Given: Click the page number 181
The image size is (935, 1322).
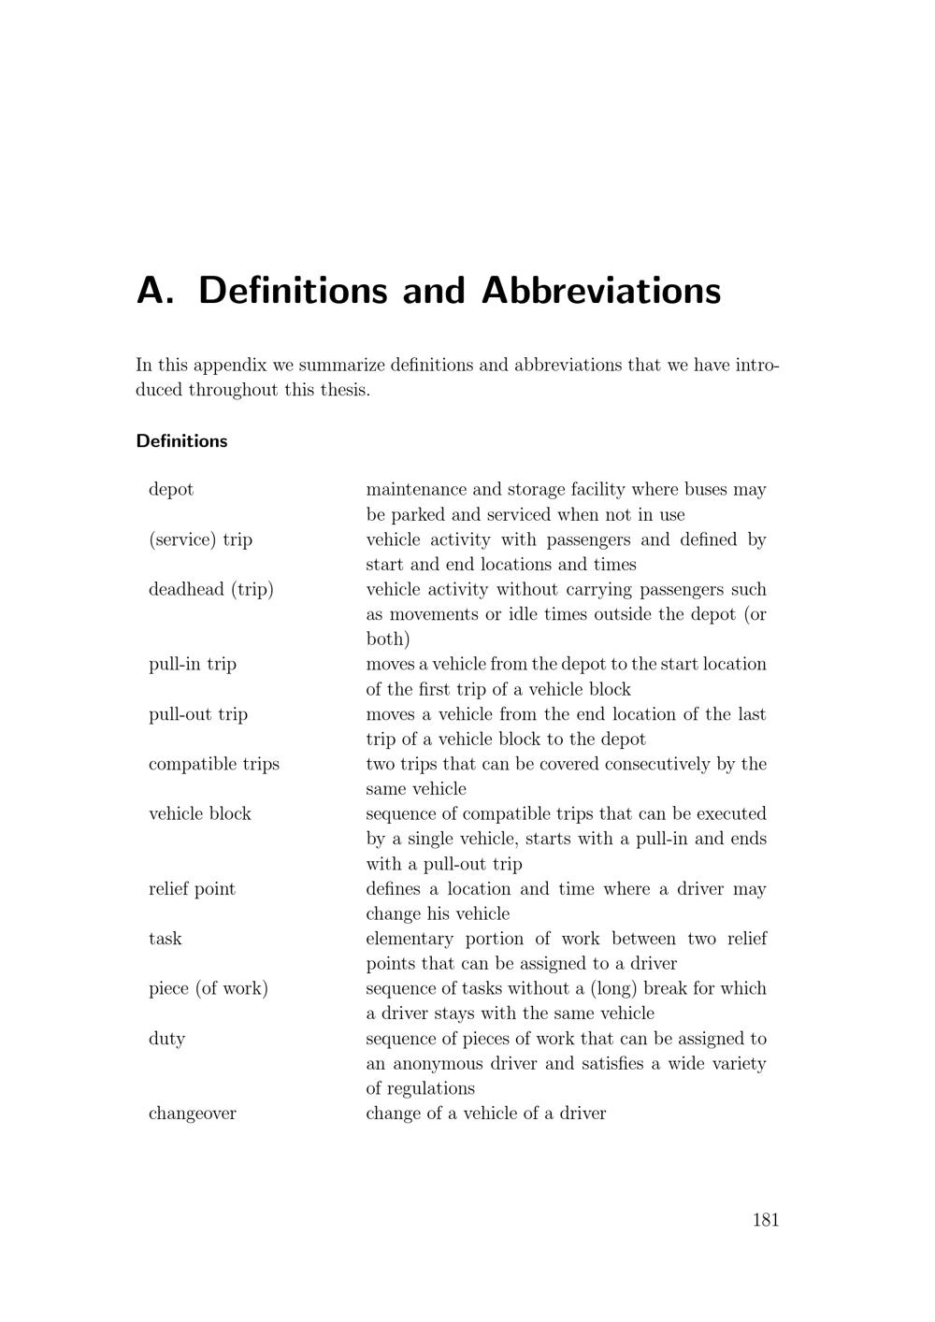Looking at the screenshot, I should pyautogui.click(x=765, y=1219).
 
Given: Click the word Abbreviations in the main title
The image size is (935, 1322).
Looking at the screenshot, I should pyautogui.click(x=601, y=291).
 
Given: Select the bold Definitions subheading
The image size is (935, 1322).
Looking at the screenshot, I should pyautogui.click(x=181, y=441).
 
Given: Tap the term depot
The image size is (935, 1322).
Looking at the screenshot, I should pyautogui.click(x=171, y=490).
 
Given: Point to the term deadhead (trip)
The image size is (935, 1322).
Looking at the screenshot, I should pyautogui.click(x=211, y=589).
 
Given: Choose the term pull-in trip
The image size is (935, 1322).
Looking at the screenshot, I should pyautogui.click(x=193, y=665).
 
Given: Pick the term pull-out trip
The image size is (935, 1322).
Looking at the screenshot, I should pyautogui.click(x=198, y=714).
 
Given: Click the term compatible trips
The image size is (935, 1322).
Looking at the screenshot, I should pyautogui.click(x=214, y=764).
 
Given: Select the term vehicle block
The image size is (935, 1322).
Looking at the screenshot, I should pyautogui.click(x=200, y=814).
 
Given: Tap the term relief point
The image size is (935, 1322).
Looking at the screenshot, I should pyautogui.click(x=192, y=889).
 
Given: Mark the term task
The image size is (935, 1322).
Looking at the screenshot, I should pyautogui.click(x=165, y=939).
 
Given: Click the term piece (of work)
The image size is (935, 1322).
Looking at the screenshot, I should pyautogui.click(x=209, y=988).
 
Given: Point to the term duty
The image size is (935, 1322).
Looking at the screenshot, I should pyautogui.click(x=166, y=1039).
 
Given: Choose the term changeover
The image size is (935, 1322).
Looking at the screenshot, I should pyautogui.click(x=193, y=1114).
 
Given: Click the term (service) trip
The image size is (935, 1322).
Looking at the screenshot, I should pyautogui.click(x=200, y=539).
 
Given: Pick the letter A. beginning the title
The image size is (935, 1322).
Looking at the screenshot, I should pyautogui.click(x=155, y=291).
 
